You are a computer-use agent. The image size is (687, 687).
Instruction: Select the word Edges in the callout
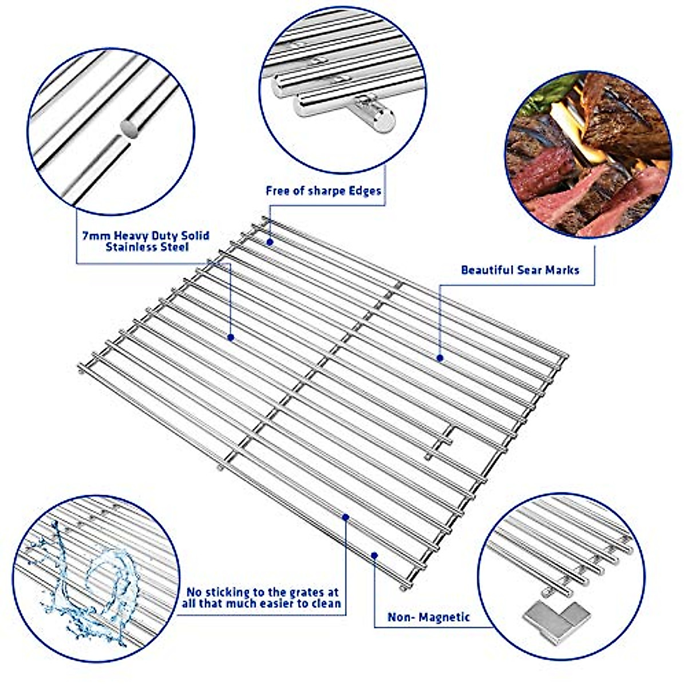point(365,191)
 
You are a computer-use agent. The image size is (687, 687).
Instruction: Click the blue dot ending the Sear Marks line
point(440,358)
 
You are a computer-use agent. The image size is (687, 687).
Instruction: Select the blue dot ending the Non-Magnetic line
point(374,554)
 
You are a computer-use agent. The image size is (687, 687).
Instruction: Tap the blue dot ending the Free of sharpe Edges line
point(270,243)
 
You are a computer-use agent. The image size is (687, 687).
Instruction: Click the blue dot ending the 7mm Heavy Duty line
point(231,338)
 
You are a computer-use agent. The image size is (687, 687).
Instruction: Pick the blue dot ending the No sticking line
point(346,518)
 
